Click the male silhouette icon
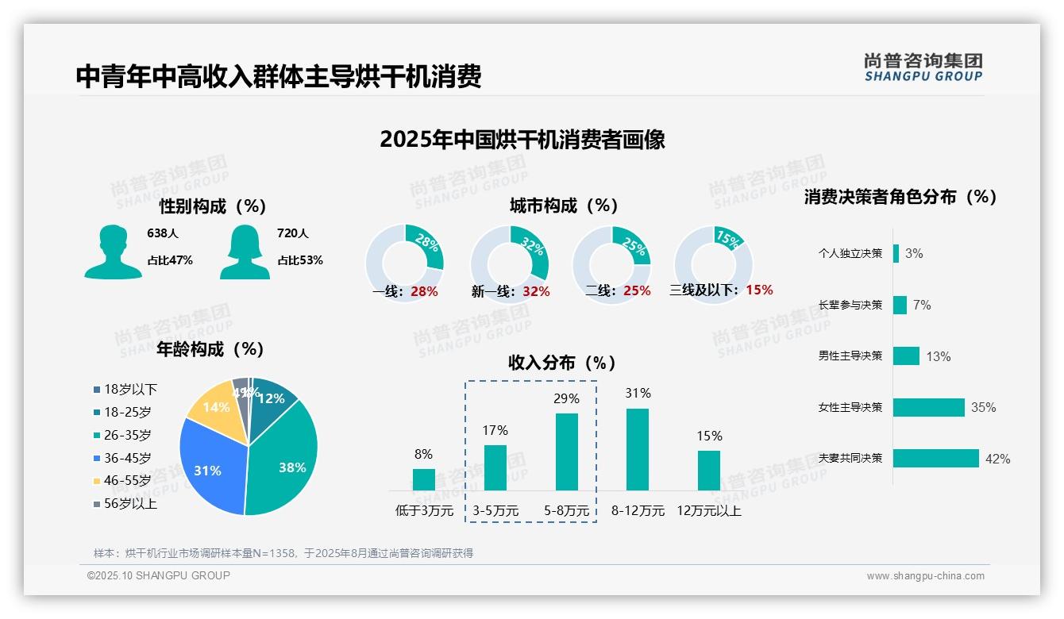113,252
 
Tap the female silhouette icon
244,252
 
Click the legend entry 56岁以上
125,503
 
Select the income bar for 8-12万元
638,449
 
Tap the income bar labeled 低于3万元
424,479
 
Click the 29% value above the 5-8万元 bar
566,398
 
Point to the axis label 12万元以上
709,511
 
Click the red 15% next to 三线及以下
759,290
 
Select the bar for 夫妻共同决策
935,458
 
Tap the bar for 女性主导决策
928,407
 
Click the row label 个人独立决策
850,253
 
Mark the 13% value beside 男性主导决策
938,356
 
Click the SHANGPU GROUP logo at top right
923,67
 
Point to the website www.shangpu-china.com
925,576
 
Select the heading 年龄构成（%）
210,348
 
